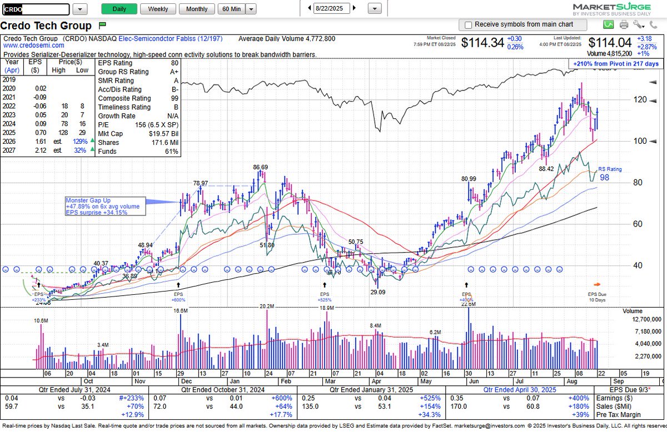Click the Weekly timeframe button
158,9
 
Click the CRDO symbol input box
36,9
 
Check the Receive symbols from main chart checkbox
468,25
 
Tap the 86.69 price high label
260,167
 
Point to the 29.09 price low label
377,292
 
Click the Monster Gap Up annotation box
104,206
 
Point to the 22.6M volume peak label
468,304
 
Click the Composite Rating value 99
175,98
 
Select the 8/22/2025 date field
332,9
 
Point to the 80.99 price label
469,179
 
